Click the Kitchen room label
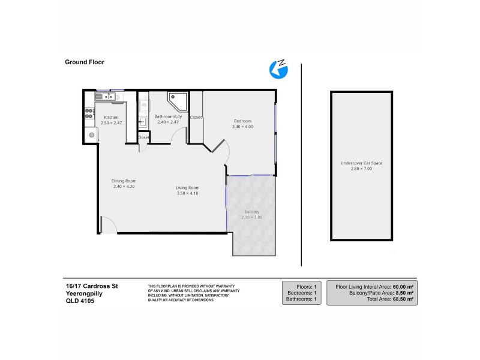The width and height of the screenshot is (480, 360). (111, 117)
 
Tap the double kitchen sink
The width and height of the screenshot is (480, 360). (106, 96)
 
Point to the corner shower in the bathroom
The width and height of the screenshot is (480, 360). (176, 99)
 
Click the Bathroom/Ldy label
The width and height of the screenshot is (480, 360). (168, 116)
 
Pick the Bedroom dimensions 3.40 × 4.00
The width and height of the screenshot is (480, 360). (242, 127)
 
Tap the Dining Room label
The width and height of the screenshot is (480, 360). (124, 181)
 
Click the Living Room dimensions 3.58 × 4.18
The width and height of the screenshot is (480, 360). (187, 193)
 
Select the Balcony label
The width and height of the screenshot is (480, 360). (251, 212)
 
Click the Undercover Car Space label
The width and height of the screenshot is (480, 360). (361, 163)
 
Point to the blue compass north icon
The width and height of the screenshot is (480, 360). (278, 68)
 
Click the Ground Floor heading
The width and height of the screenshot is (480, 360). (85, 61)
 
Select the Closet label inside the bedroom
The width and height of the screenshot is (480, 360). (196, 117)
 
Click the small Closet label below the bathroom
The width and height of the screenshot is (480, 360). (143, 137)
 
